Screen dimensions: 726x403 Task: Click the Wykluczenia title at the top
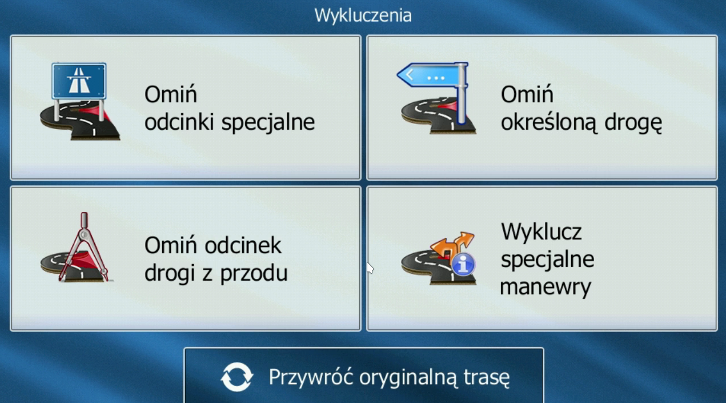363,15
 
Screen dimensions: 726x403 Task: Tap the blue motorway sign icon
79,81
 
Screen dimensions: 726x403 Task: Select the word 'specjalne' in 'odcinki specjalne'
268,123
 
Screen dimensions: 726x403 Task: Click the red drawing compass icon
85,248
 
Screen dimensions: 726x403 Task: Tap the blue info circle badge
463,265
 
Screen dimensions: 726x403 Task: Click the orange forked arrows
452,246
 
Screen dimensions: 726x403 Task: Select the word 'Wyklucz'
542,232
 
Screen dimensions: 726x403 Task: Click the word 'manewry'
546,287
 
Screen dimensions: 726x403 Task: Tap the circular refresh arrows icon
236,377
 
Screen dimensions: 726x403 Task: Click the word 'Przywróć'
311,377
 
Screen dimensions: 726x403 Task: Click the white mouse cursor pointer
370,268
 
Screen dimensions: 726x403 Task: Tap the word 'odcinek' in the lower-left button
243,246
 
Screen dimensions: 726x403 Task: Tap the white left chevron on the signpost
410,75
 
